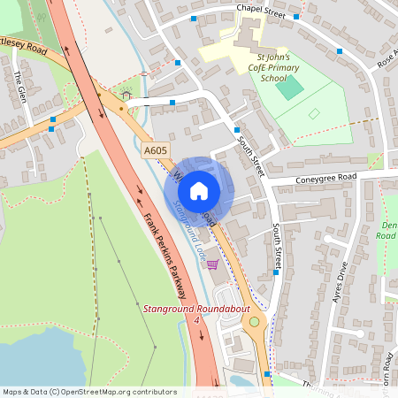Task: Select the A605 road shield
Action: pyautogui.click(x=156, y=153)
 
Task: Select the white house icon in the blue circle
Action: pyautogui.click(x=199, y=189)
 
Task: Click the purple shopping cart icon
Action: pyautogui.click(x=212, y=264)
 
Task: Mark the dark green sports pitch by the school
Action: pyautogui.click(x=295, y=88)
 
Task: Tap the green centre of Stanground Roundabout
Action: pyautogui.click(x=256, y=322)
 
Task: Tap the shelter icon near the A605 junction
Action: pyautogui.click(x=126, y=94)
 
